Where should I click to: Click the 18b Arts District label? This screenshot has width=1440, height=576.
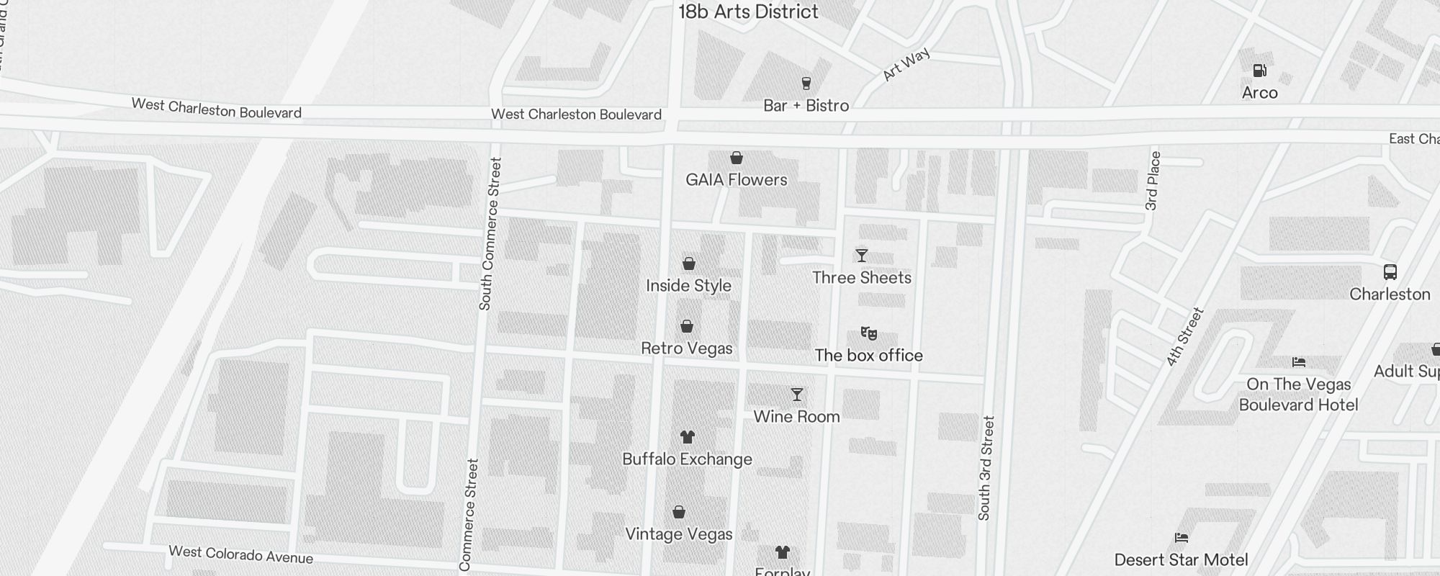tap(748, 12)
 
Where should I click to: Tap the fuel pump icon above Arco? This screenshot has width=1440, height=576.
tap(1259, 71)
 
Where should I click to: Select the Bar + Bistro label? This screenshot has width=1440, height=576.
tap(806, 106)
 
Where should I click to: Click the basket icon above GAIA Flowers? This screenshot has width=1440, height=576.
tap(736, 158)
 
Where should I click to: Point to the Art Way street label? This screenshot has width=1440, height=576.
tap(906, 65)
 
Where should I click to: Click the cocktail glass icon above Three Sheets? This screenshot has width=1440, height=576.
tap(861, 256)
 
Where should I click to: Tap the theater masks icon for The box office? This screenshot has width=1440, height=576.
tap(868, 333)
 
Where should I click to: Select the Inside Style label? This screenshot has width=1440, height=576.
tap(688, 286)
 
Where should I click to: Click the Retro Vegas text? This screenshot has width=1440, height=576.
tap(686, 348)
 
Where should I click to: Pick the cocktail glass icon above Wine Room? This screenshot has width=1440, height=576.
tap(796, 395)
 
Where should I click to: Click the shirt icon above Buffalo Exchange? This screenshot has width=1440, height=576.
tap(687, 437)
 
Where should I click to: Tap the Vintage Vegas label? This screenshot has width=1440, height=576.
tap(678, 534)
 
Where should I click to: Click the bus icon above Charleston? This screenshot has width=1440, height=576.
tap(1390, 272)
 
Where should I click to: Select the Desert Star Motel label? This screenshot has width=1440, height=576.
tap(1181, 559)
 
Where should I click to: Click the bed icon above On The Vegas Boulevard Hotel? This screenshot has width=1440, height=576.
tap(1298, 362)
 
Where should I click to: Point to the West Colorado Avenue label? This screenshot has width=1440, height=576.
tap(240, 554)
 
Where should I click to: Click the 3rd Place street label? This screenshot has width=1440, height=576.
tap(1153, 181)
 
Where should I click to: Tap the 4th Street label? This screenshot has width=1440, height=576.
tap(1184, 337)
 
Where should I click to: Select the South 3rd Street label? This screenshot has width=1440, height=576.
tap(986, 468)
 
